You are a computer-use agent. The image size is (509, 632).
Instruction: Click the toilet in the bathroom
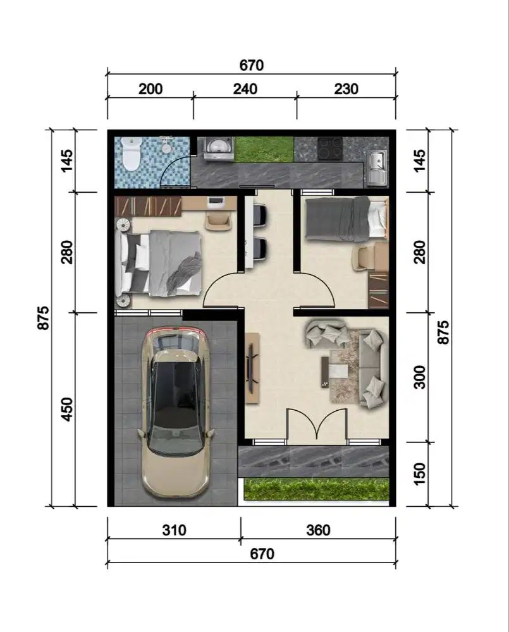pos(131,154)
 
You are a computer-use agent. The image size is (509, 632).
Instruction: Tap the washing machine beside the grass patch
pos(218,149)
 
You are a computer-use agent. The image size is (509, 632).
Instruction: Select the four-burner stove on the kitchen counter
pos(330,149)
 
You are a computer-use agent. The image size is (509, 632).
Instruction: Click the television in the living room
pos(252,367)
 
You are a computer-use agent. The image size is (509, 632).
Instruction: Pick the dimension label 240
pos(245,88)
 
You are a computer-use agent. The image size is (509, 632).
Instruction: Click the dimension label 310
pos(175,530)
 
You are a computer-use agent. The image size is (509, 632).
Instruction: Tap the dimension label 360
pos(318,530)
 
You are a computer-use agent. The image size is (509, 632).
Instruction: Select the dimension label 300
pos(419,377)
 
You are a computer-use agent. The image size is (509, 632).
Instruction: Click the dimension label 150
pos(419,473)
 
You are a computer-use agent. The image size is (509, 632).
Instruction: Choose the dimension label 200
pos(150,88)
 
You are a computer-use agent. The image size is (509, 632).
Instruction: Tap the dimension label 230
pos(346,88)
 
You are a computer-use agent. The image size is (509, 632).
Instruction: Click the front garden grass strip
pos(317,489)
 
